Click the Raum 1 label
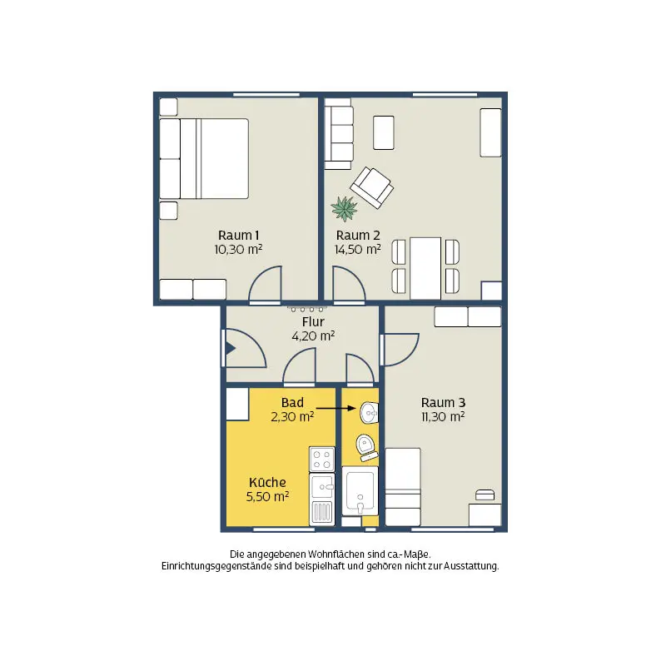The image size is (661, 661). click(239, 236)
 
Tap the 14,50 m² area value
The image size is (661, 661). click(358, 250)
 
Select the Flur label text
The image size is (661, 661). click(313, 322)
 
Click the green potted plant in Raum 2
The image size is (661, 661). click(345, 208)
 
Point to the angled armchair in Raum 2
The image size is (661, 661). click(372, 187)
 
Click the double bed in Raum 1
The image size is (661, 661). click(204, 158)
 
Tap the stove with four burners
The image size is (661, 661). click(322, 459)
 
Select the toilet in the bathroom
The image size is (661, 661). click(367, 448)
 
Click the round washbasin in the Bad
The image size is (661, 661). click(370, 412)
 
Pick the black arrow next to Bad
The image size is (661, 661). click(336, 408)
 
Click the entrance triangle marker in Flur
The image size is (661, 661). click(231, 348)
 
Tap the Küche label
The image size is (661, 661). click(268, 482)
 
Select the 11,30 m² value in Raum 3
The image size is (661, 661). click(443, 417)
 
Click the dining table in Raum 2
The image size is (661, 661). click(425, 269)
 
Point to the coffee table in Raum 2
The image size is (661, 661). click(384, 133)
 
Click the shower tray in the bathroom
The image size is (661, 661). click(360, 490)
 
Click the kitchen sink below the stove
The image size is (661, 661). click(322, 486)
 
